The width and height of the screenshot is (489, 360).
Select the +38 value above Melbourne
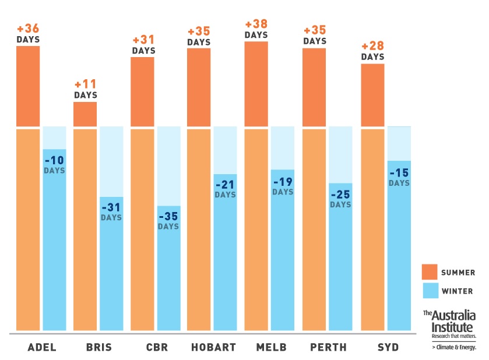[256, 24]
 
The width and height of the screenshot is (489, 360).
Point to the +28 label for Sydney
[372, 47]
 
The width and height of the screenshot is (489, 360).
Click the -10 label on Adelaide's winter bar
[54, 160]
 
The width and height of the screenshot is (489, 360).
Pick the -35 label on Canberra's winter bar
[168, 216]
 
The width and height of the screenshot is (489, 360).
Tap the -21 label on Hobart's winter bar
[225, 185]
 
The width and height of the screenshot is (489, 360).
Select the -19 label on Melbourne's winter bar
[283, 182]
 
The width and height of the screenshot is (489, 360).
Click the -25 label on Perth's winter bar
[340, 194]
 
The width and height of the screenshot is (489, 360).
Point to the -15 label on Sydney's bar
[399, 173]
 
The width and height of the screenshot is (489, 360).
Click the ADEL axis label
[42, 348]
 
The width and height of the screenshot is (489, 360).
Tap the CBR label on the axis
[157, 348]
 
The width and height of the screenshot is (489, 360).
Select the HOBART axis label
[213, 348]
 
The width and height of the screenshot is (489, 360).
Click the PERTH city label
[328, 348]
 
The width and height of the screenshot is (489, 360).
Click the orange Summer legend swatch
[430, 272]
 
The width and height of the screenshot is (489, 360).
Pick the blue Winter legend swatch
[430, 291]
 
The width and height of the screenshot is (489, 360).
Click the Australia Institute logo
[449, 324]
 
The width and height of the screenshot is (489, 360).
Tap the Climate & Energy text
[454, 348]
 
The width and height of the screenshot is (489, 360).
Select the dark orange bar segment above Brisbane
[85, 114]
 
